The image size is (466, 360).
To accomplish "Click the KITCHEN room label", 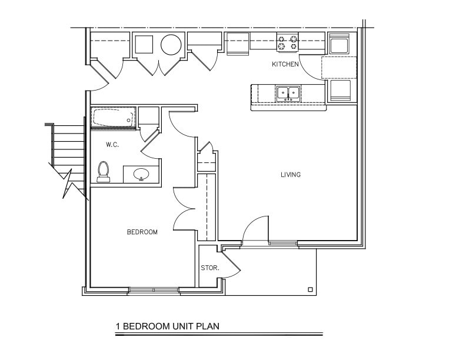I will tap(285, 64).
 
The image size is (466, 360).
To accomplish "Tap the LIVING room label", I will tap(291, 175).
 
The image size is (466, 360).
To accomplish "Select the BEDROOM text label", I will tap(142, 232).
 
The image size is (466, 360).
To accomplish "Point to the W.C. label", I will tap(113, 145).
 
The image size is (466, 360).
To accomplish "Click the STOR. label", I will tap(210, 268).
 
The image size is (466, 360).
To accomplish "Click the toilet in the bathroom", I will tap(104, 171).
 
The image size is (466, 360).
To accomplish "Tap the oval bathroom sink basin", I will tap(141, 175).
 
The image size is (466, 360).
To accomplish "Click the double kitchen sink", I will tap(288, 93).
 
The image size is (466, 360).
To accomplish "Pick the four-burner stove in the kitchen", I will tap(288, 42).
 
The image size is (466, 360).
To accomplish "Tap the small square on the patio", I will tap(309, 289).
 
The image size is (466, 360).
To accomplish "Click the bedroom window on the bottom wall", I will tap(153, 289).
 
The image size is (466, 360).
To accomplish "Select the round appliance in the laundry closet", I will tap(172, 45).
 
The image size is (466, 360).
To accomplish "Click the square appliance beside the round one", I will tap(144, 45).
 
